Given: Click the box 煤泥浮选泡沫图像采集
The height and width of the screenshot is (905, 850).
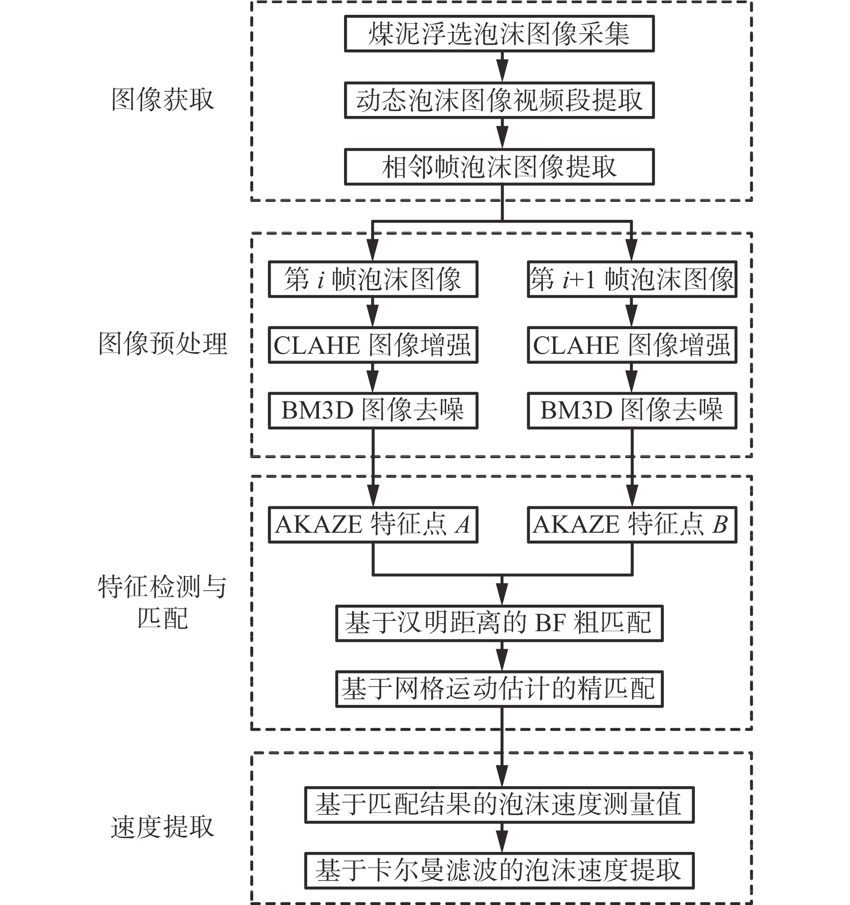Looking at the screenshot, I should [499, 34].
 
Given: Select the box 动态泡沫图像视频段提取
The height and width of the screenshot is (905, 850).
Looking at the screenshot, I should [499, 100].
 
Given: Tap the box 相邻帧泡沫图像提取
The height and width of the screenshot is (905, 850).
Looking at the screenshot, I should [499, 167].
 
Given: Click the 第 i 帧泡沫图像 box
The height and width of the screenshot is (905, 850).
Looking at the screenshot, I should [373, 279].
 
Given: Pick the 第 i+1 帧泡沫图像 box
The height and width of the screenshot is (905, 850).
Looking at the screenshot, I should [632, 279].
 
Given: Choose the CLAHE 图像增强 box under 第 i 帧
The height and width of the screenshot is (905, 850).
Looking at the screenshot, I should [373, 345].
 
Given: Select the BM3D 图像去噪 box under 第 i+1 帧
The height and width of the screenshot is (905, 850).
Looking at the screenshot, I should [632, 410].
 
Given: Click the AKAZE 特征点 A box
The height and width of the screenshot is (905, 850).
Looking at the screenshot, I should [373, 524].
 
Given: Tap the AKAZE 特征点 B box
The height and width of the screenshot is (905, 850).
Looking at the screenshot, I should [632, 524].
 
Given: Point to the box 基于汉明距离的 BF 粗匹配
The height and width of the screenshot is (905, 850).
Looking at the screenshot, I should [499, 623].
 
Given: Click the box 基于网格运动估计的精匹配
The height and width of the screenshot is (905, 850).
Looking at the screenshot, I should [499, 689].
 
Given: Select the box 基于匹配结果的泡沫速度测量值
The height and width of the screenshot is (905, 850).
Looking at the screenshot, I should [499, 805].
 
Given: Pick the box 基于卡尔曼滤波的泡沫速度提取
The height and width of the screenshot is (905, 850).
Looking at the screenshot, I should [499, 870].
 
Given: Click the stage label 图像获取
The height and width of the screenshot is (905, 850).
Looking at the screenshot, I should [162, 99].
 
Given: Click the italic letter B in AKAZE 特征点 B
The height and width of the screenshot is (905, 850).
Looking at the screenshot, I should [719, 524].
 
